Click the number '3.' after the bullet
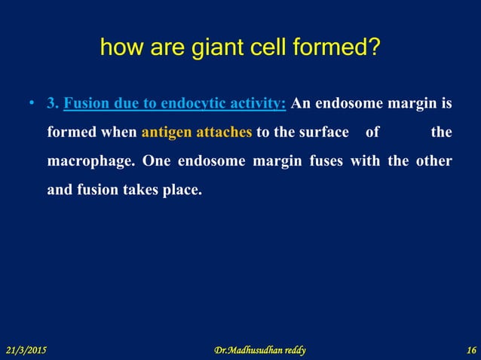tap(53, 104)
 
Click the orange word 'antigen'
tap(169, 133)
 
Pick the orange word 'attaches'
tap(225, 133)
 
